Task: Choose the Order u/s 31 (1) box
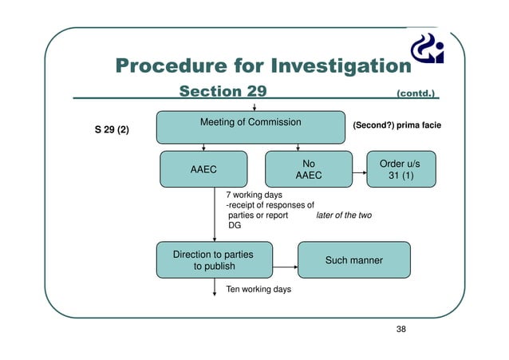[400, 169]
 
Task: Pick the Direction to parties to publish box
[214, 260]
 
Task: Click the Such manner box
[353, 260]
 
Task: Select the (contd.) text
[416, 93]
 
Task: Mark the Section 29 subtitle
[223, 92]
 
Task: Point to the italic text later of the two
[344, 215]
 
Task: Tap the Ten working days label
[258, 289]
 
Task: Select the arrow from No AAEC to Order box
[358, 169]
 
